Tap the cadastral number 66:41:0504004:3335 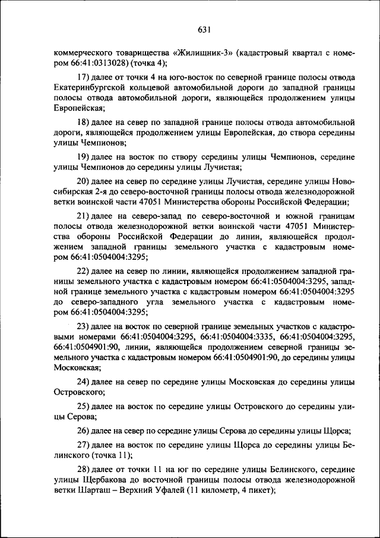point(237,335)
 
